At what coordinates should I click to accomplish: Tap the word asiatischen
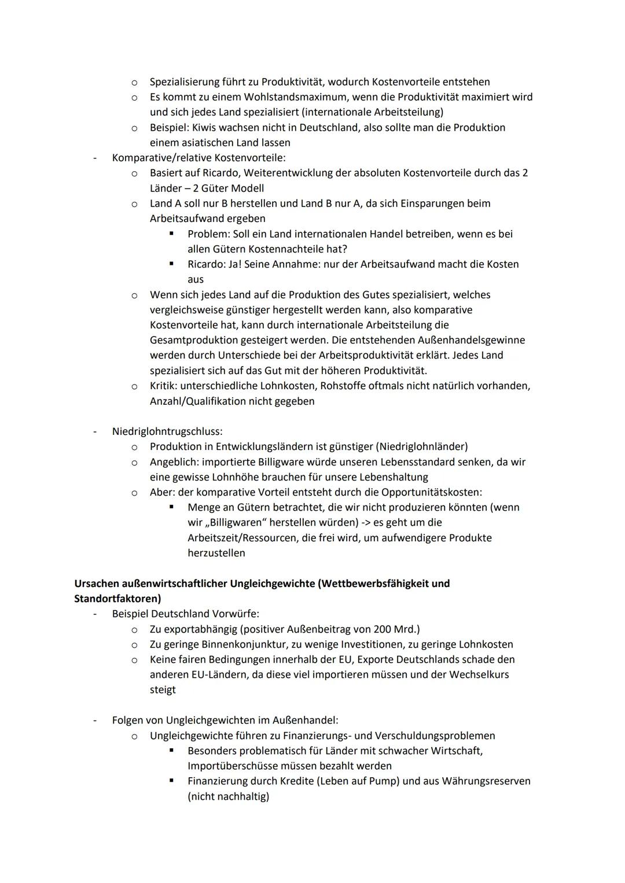pyautogui.click(x=210, y=142)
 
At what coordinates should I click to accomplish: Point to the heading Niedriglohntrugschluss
pyautogui.click(x=167, y=431)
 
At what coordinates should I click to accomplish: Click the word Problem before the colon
pyautogui.click(x=207, y=234)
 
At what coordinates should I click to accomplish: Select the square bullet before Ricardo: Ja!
pyautogui.click(x=171, y=264)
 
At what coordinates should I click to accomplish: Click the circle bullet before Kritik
pyautogui.click(x=134, y=386)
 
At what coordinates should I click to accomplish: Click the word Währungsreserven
pyautogui.click(x=486, y=781)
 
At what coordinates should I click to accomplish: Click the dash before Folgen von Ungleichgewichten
pyautogui.click(x=95, y=721)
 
